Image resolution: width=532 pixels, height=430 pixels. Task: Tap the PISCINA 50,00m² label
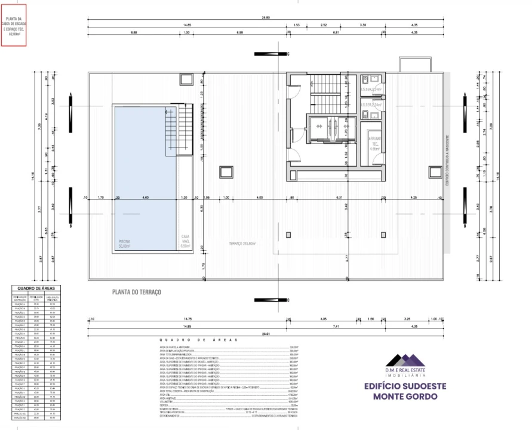pos(124,244)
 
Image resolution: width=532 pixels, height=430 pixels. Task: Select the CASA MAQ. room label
pos(185,241)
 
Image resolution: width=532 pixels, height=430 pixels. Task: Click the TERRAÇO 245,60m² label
pos(242,243)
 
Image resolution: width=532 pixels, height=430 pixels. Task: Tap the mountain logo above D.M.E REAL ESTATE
pos(405,360)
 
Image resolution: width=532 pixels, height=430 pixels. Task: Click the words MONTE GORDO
pos(405,397)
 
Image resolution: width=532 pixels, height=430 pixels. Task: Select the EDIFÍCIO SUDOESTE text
pos(405,386)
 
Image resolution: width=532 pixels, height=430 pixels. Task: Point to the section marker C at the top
pos(272,54)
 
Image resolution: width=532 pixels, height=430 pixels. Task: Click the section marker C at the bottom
pos(272,297)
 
